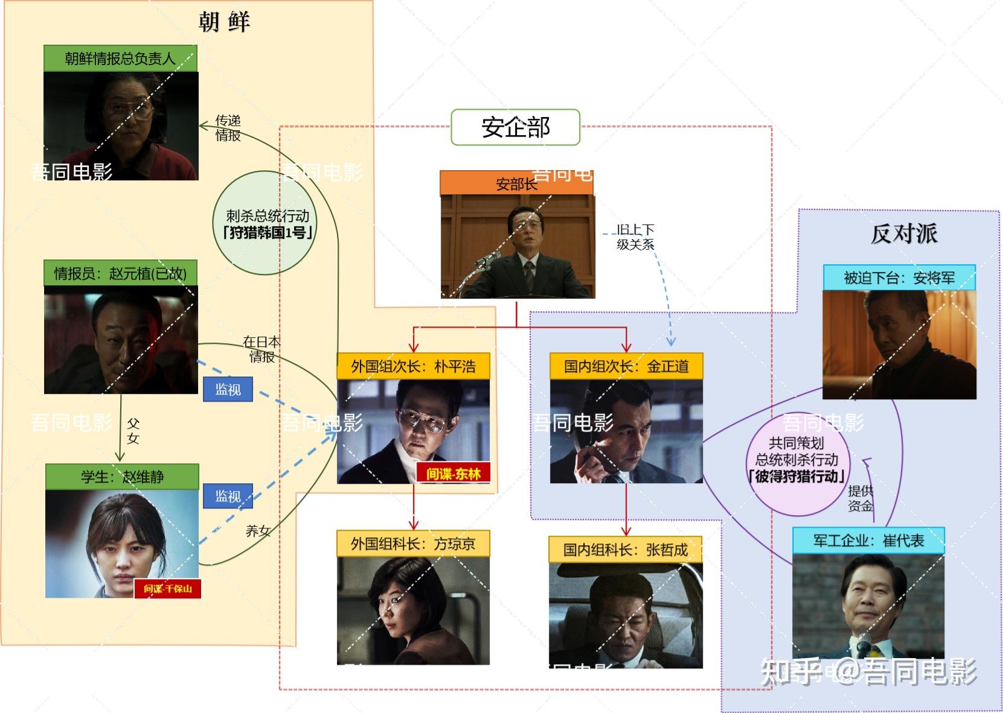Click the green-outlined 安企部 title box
coord(515,127)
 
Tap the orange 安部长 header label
coord(517,183)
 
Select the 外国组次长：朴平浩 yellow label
coord(413,366)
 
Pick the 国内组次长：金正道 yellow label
coord(626,366)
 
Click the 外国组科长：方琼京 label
coord(413,543)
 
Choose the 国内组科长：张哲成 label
coord(626,550)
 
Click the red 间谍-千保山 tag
coord(167,588)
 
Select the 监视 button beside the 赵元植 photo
coord(228,389)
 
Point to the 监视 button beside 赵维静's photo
coord(228,496)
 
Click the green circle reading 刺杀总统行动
coord(265,223)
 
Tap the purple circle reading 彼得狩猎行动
coord(798,464)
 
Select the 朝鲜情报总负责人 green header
coord(120,58)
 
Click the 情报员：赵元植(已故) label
coord(120,273)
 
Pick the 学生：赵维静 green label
coord(122,477)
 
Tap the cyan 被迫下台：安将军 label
coord(899,277)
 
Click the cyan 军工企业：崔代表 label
coord(869,540)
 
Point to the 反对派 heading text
coord(904,233)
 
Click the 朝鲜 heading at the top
coord(224,22)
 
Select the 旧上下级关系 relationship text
coord(635,237)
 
